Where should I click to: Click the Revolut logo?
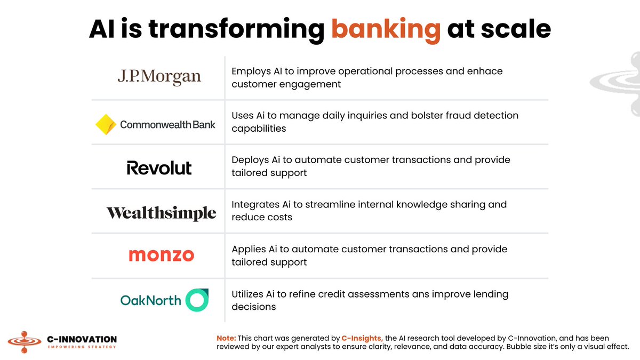pos(159,168)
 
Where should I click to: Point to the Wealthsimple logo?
pos(161,213)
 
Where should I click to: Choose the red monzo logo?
pos(161,255)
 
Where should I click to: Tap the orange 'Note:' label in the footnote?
pos(226,339)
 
